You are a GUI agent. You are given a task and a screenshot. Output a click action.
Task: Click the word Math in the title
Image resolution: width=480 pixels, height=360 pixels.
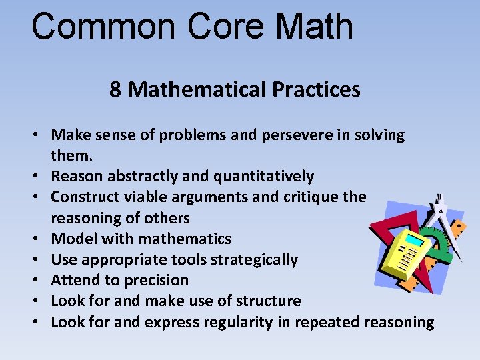[x=314, y=27]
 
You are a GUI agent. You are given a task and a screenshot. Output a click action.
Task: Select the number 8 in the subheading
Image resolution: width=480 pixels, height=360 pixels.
[x=115, y=89]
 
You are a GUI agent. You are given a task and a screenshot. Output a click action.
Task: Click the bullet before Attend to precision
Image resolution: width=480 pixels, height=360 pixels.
[x=39, y=281]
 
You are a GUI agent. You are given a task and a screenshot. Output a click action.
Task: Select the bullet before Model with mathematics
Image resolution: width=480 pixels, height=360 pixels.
[x=39, y=239]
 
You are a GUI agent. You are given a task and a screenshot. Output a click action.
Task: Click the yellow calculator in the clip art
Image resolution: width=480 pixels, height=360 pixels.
[x=409, y=253]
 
